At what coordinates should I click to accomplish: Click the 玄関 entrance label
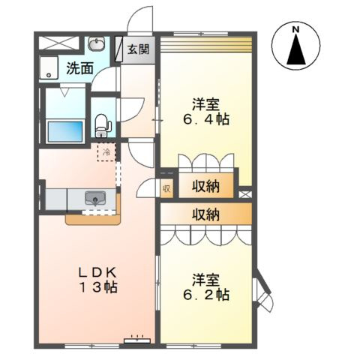[138, 49]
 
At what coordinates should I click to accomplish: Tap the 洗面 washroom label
[80, 68]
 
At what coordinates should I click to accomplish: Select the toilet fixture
[103, 126]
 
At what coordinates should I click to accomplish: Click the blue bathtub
[65, 131]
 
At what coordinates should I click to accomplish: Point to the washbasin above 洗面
[97, 43]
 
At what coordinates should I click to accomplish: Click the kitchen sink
[95, 198]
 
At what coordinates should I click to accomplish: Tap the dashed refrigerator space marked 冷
[106, 152]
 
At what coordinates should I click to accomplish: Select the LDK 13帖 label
[98, 280]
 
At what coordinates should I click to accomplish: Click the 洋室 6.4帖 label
[206, 112]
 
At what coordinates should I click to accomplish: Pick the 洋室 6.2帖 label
[206, 287]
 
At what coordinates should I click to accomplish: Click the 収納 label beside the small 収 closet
[205, 186]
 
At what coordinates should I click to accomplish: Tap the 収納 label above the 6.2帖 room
[205, 214]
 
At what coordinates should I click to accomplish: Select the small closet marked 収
[166, 188]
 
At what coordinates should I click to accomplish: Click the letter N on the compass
[296, 29]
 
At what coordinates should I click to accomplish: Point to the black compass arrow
[296, 49]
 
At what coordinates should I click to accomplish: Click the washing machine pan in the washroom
[49, 67]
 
